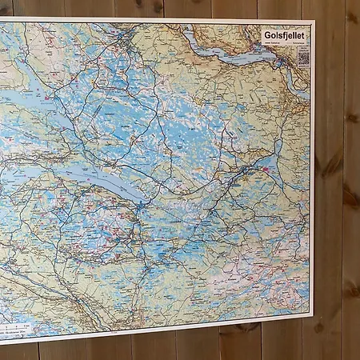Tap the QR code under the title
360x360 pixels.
[x=303, y=58]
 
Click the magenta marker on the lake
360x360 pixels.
[x=265, y=169]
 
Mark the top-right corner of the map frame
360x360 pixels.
[x=314, y=21]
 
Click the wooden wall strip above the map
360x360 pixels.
[x=160, y=7]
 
